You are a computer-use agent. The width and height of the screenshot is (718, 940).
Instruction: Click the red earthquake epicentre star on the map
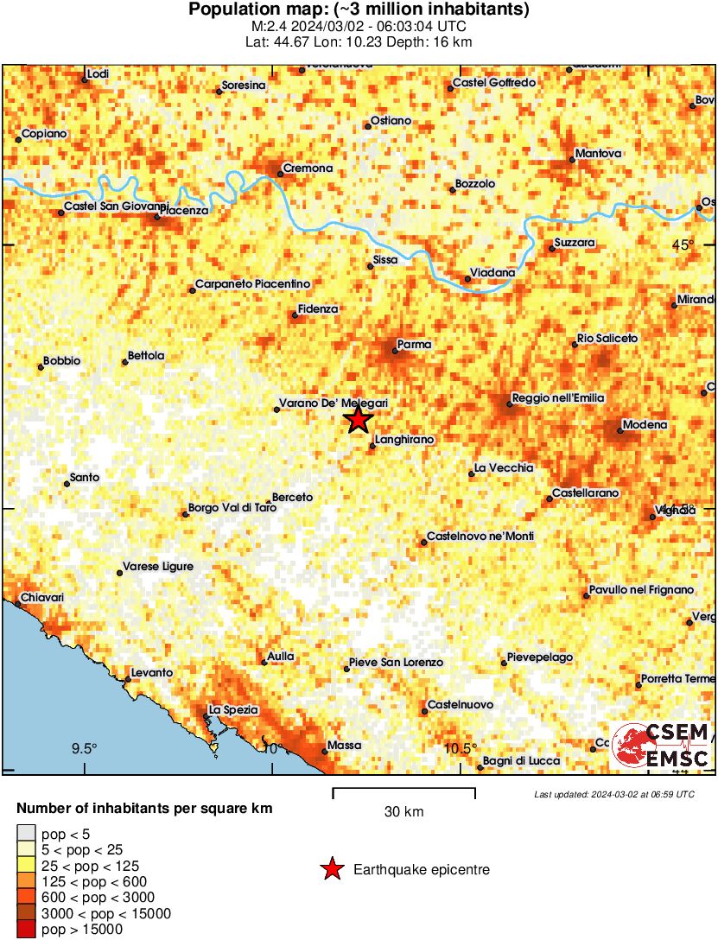coord(359,421)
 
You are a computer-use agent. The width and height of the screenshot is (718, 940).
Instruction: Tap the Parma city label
coord(413,345)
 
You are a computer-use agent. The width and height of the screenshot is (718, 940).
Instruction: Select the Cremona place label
coord(308,168)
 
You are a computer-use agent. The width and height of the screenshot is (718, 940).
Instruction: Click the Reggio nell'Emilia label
coord(557,397)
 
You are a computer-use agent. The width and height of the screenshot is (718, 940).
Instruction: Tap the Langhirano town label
coord(404,440)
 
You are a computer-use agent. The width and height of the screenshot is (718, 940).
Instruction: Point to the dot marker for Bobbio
coord(41,368)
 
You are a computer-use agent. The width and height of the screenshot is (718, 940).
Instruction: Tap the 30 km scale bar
coord(403,793)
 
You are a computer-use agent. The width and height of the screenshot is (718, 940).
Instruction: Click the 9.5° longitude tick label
coord(84,748)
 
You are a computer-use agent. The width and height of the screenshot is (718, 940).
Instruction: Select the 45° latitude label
coord(683,245)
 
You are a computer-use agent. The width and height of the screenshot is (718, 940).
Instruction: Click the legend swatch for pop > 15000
coord(26,930)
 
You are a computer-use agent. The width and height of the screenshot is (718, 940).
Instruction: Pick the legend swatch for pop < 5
coord(26,834)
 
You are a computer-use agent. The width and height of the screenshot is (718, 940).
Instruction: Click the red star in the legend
coord(331,869)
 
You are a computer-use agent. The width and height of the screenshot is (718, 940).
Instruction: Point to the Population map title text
coord(359,10)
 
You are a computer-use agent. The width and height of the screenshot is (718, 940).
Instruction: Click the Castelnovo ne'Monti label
coord(480,537)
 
